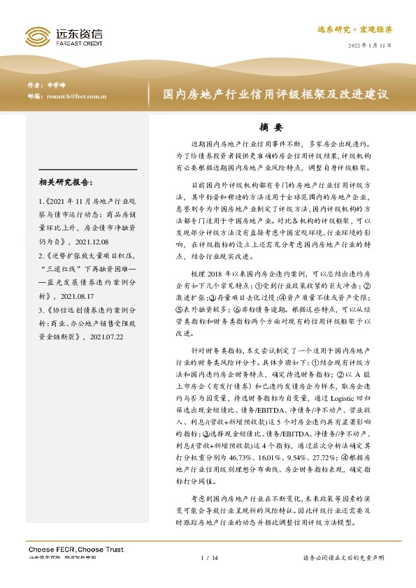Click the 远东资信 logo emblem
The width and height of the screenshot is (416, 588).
pyautogui.click(x=38, y=36)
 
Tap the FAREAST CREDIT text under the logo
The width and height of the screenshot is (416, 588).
pyautogui.click(x=78, y=42)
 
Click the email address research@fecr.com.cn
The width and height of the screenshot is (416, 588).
pyautogui.click(x=76, y=96)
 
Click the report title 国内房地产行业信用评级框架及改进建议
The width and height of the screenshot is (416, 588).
pyautogui.click(x=275, y=94)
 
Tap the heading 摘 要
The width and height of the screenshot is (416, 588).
pyautogui.click(x=270, y=127)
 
